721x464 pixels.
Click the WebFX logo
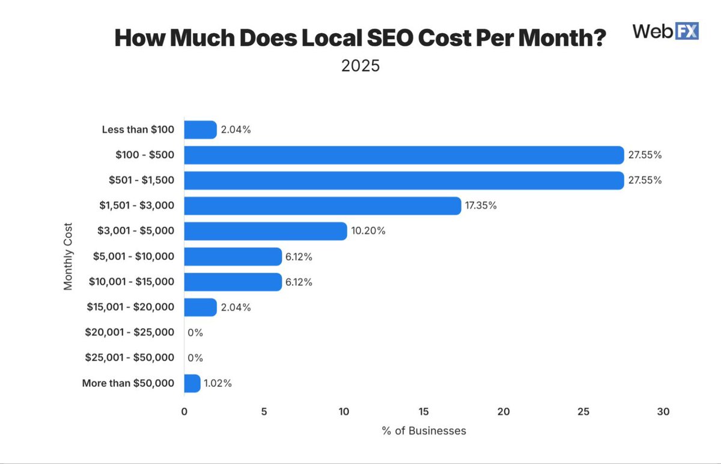coord(666,31)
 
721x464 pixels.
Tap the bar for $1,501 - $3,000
coord(322,206)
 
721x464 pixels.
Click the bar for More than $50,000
coord(192,383)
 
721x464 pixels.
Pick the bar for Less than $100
coord(200,130)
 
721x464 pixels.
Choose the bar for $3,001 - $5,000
coord(265,231)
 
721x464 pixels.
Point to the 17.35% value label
coord(481,206)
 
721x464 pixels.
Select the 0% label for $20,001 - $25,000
coord(195,332)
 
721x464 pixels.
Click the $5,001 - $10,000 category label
coord(133,256)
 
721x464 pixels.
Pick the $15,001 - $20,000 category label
coord(131,307)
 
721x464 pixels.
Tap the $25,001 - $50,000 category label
coord(130,357)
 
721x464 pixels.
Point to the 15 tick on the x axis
coord(424,412)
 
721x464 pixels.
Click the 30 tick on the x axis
coord(663,412)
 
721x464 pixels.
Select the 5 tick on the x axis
coord(264,412)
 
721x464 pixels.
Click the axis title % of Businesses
coord(424,431)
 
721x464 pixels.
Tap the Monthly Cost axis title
coord(68,256)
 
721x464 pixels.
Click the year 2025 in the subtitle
coord(360,66)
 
